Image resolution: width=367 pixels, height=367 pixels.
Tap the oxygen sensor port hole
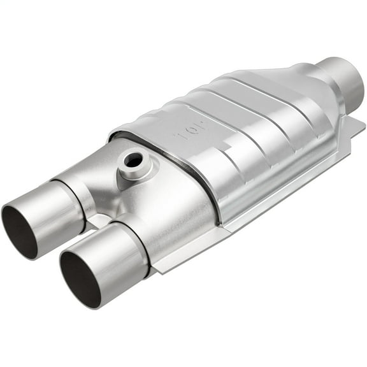(133, 160)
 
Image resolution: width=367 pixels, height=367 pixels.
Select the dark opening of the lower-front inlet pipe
(79, 278)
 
